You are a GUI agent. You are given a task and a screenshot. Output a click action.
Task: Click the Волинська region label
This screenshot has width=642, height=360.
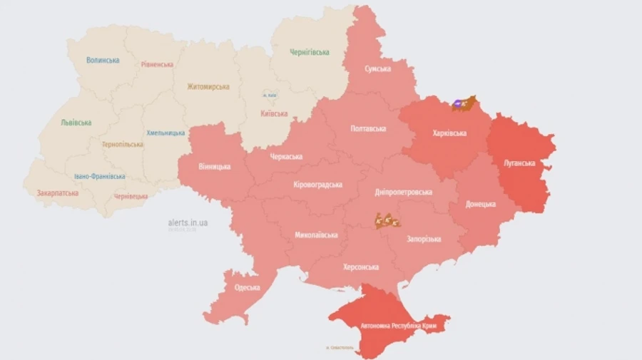click(103, 61)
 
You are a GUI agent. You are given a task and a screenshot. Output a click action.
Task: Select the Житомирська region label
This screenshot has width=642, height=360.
click(208, 87)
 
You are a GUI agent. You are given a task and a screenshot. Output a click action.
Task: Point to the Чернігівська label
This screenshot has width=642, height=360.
click(310, 52)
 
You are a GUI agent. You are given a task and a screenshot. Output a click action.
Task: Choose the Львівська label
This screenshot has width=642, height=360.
click(76, 123)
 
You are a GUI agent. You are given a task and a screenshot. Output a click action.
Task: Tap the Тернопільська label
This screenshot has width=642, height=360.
click(122, 144)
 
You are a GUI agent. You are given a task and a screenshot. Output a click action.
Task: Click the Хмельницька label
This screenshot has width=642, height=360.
click(166, 133)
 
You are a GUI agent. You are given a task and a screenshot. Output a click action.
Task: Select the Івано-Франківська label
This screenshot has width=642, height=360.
click(100, 176)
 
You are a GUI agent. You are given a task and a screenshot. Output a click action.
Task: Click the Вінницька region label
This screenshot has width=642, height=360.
click(215, 166)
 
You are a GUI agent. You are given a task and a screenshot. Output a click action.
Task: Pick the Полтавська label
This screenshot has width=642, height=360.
click(368, 129)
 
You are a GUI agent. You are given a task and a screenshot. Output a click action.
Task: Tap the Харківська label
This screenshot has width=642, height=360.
click(450, 133)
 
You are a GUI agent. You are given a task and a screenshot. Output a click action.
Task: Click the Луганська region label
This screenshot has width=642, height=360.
click(519, 163)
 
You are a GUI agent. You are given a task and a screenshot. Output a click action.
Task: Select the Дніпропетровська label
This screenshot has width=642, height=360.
click(404, 192)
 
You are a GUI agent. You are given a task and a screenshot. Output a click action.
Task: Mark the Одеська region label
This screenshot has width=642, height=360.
click(248, 288)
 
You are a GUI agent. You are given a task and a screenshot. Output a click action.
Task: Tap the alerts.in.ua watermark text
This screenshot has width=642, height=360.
click(188, 222)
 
